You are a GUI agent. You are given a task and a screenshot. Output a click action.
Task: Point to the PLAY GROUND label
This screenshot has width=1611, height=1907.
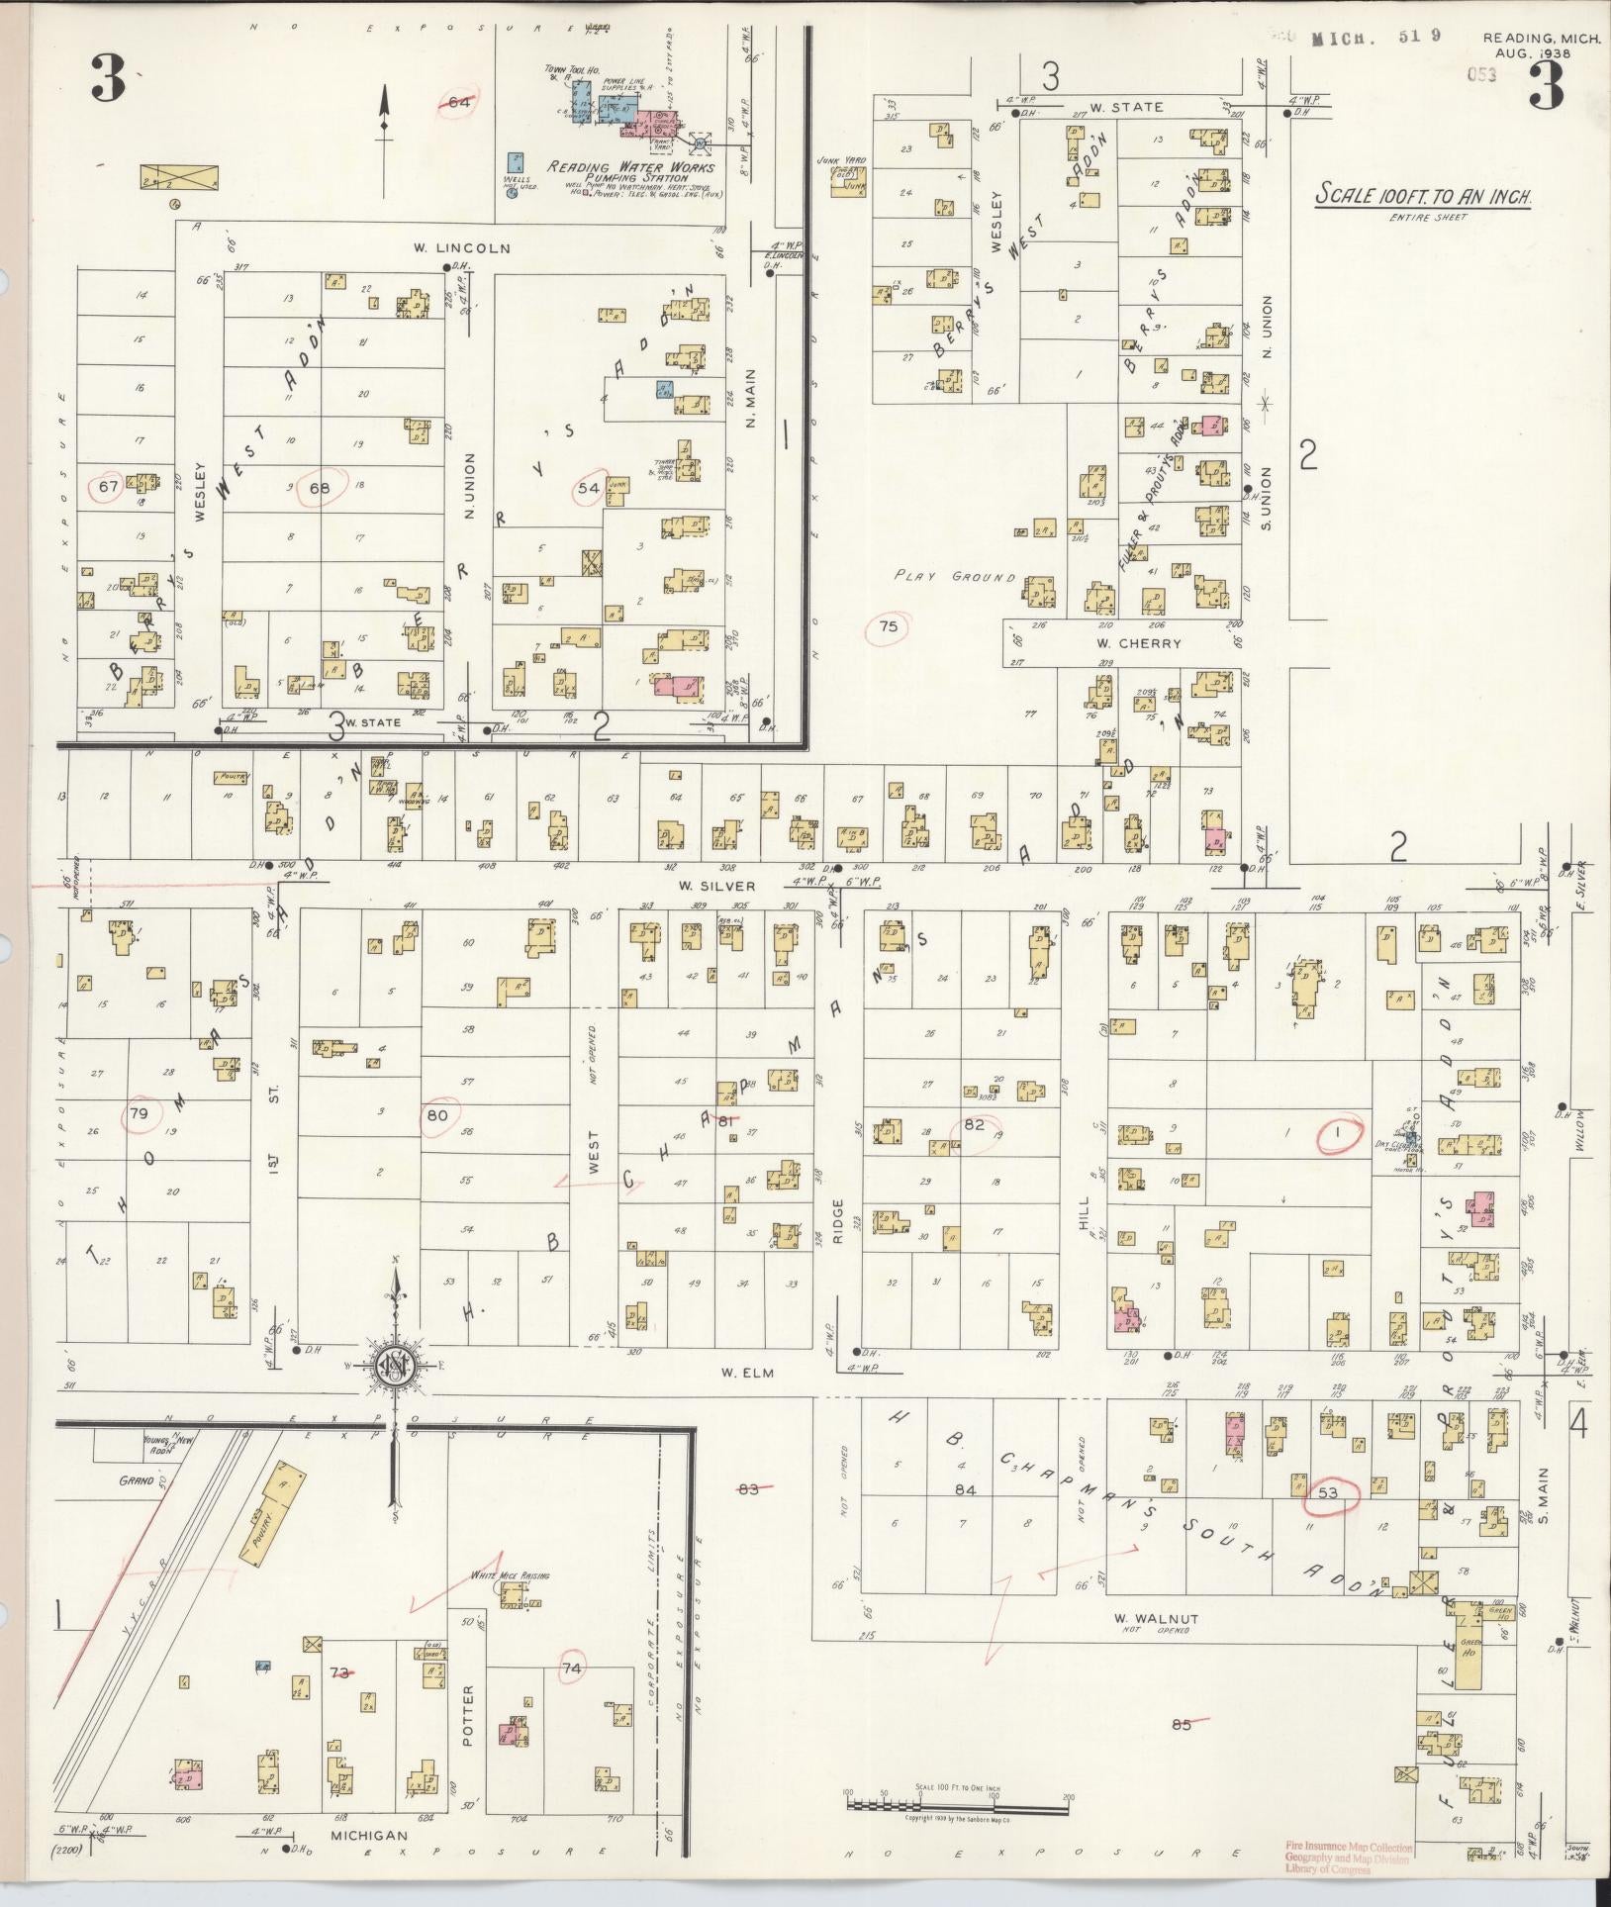[x=954, y=576]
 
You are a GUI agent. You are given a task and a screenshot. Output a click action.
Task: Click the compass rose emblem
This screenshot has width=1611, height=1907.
[x=396, y=1369]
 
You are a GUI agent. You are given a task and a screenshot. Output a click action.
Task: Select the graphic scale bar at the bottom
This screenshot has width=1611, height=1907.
[x=957, y=1803]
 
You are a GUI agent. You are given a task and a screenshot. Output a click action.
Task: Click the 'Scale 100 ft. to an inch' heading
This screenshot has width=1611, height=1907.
[x=1423, y=197]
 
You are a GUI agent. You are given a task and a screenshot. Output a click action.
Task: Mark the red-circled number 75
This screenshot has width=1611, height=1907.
[x=888, y=625]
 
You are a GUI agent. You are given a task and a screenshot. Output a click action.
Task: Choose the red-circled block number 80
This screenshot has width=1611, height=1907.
[x=436, y=1114]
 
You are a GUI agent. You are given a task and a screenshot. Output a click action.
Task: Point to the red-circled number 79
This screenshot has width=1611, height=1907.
[x=139, y=1114]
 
